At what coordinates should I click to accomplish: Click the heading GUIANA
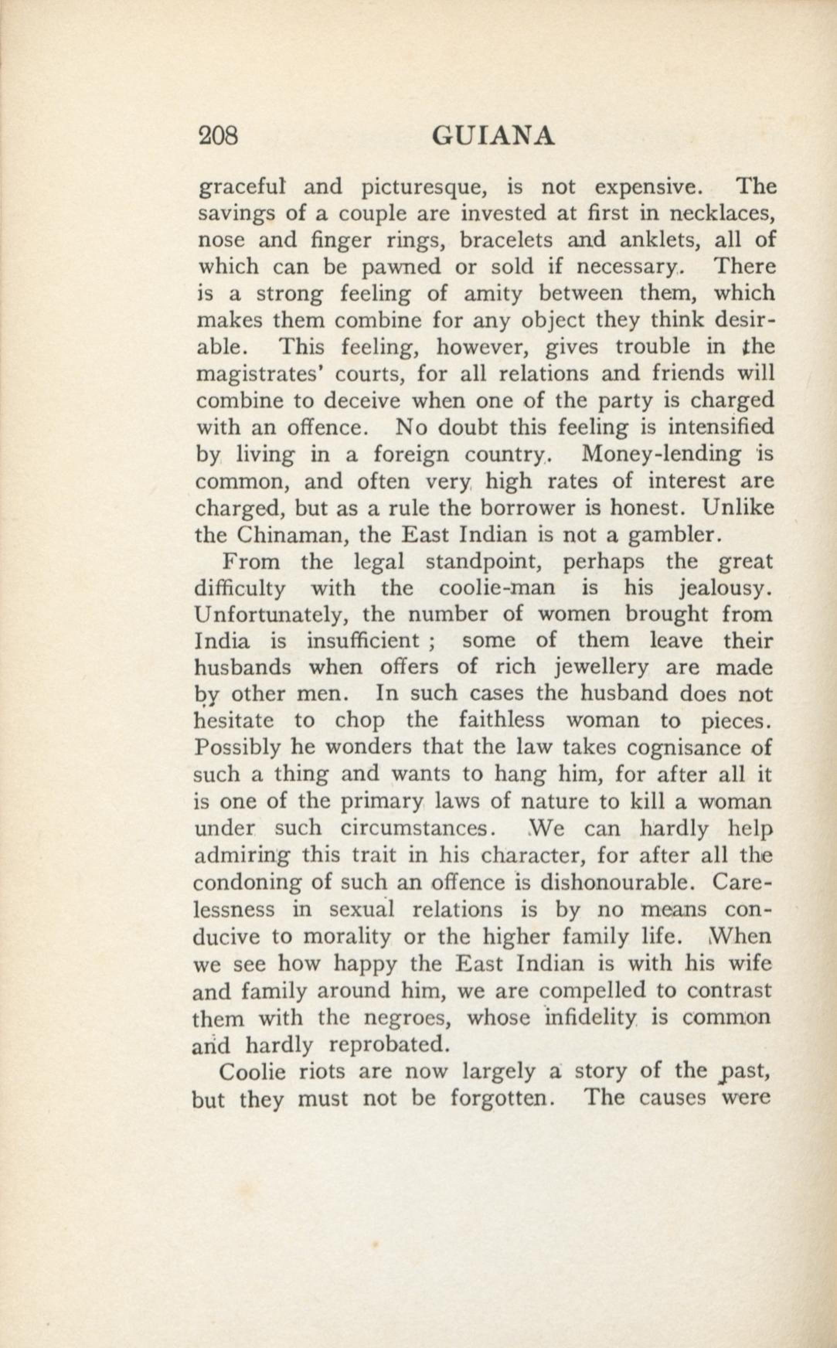point(492,136)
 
